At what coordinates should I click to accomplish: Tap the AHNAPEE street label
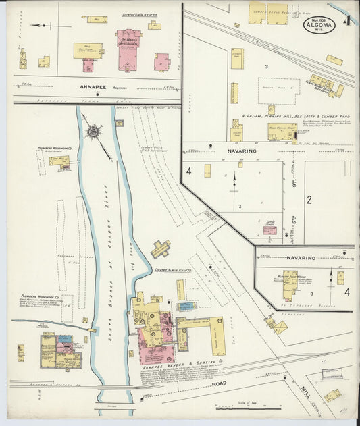91,86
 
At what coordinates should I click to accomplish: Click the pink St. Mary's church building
128,49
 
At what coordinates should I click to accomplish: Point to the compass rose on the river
93,130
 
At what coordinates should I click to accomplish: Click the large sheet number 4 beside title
346,21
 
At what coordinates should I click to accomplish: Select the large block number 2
309,199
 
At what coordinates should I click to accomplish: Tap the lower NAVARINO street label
301,257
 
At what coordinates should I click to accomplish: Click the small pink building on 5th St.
269,230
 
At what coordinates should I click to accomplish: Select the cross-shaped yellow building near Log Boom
160,249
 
